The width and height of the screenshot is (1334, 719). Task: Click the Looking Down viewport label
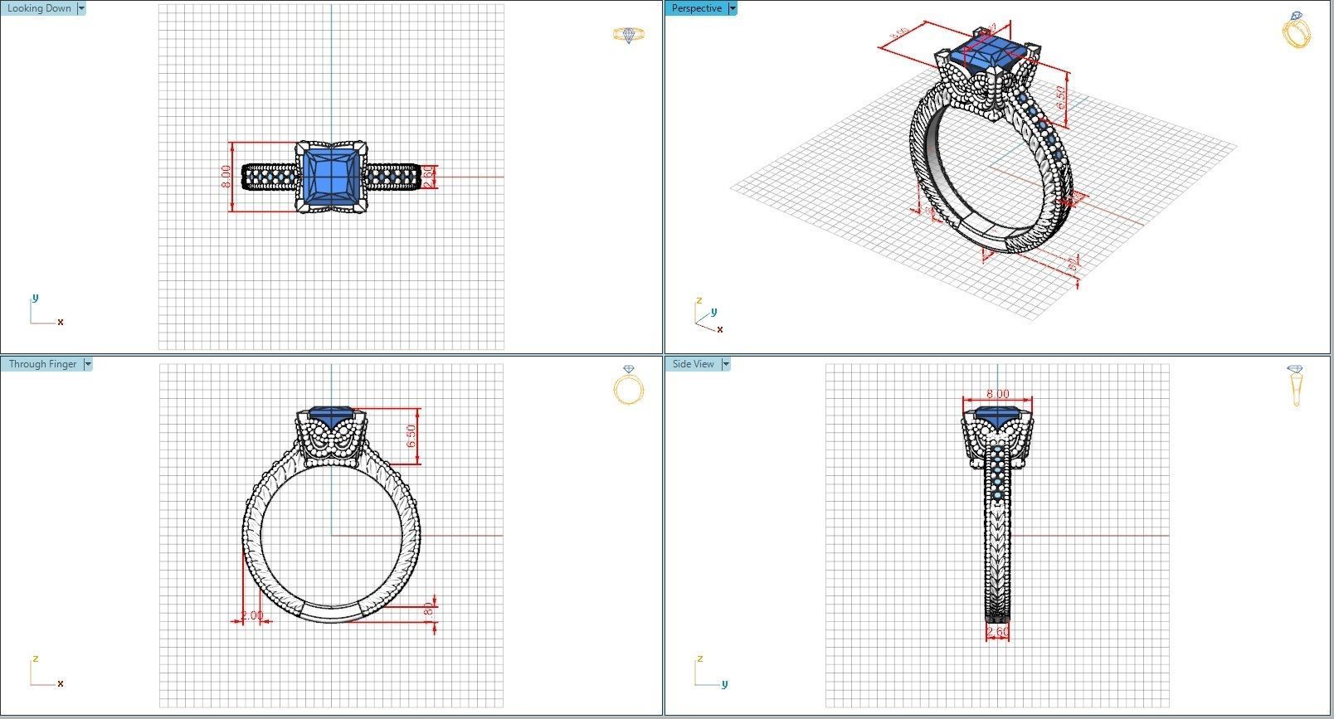coord(38,8)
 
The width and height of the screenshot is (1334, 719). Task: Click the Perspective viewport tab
coord(696,8)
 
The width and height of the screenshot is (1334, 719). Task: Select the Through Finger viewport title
coord(42,364)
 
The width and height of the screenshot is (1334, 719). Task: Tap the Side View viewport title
coord(693,364)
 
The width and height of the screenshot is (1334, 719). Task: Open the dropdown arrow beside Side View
coord(725,364)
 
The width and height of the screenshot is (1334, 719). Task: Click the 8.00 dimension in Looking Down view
coord(226,177)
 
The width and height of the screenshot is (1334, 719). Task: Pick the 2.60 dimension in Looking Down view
coord(428,177)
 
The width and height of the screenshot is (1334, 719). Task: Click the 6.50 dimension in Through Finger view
coord(411,435)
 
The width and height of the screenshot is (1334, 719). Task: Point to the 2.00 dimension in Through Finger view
coord(251,615)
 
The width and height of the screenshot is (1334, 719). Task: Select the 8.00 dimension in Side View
coord(997,394)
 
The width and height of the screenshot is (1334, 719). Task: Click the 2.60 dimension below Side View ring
coord(997,632)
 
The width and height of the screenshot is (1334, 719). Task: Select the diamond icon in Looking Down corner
coord(628,35)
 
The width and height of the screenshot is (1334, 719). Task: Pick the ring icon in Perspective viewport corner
coord(1296,31)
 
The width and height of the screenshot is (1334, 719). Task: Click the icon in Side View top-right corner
coord(1296,385)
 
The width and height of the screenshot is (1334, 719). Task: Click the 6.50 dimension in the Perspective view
coord(1061,98)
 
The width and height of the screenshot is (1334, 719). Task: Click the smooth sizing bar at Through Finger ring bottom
coord(331,612)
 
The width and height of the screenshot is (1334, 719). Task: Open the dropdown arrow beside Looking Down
coord(80,8)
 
